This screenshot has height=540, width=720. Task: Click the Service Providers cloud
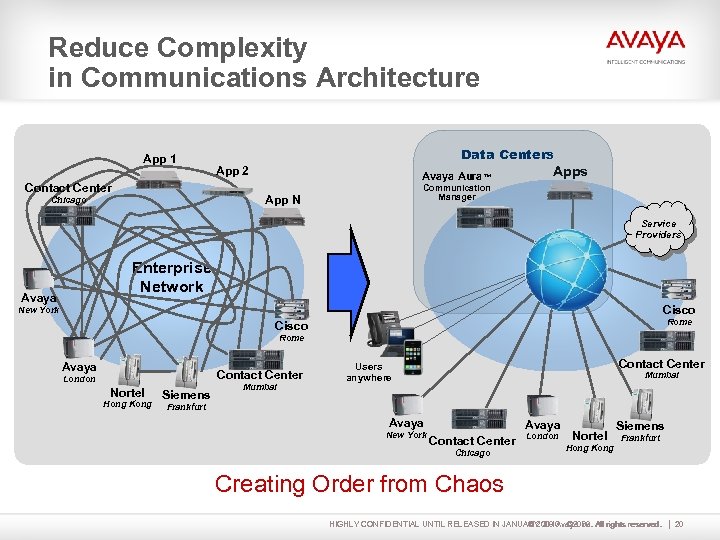[659, 230]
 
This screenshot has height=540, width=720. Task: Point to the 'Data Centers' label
[507, 154]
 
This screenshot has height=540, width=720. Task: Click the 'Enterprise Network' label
[172, 277]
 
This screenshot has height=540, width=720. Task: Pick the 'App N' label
[283, 200]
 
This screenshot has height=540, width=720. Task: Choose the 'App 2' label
[233, 171]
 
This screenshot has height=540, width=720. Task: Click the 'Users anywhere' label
[369, 373]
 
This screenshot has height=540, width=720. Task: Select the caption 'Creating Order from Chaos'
[359, 484]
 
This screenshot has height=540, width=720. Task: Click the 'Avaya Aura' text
[448, 175]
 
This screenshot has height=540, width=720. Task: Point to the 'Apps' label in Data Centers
[570, 171]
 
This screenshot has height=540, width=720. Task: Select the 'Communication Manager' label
[457, 192]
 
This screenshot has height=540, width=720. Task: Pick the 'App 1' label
[160, 159]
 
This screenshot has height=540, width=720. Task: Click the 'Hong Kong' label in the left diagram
[128, 404]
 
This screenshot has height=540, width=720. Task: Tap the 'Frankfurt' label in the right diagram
[641, 438]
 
